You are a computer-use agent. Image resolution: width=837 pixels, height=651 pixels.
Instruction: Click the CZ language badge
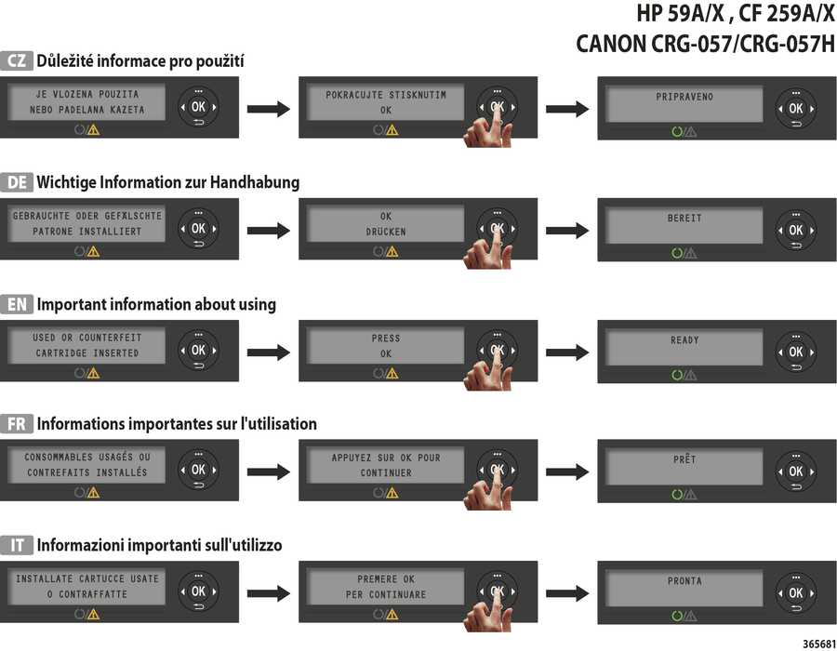point(17,60)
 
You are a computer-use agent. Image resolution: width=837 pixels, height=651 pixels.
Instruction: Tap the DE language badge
point(17,182)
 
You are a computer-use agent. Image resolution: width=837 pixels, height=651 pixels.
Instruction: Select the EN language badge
point(17,304)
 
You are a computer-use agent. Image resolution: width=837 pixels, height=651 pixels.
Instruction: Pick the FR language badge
point(17,424)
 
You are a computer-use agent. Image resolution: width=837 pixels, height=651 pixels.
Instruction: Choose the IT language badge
point(17,545)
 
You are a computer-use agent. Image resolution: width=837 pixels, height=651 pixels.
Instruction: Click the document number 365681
point(819,644)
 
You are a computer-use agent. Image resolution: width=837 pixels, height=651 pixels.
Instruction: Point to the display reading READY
point(684,339)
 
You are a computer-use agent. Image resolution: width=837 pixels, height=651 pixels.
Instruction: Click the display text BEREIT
point(684,219)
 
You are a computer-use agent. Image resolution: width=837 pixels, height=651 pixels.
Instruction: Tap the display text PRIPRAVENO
point(684,97)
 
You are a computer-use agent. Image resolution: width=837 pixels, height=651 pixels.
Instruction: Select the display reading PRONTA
point(684,580)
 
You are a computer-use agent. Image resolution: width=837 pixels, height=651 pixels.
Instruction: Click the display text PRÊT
point(684,458)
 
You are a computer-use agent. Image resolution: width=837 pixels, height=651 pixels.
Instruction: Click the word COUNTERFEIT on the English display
point(111,338)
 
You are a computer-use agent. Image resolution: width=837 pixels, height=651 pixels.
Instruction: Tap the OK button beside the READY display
point(796,352)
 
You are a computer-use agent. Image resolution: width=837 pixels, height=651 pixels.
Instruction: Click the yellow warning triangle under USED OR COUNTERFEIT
point(93,374)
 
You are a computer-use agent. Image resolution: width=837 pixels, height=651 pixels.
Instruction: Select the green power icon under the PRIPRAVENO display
point(677,131)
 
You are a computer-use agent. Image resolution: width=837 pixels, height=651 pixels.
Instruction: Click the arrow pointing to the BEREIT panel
point(567,231)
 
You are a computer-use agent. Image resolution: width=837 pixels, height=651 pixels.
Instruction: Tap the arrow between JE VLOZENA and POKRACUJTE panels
point(269,110)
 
